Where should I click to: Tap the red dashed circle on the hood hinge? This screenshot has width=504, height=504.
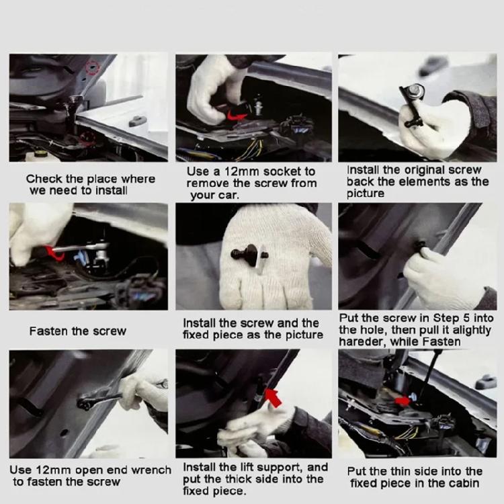click(x=92, y=67)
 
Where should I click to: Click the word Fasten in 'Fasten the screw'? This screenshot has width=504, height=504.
click(x=49, y=331)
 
